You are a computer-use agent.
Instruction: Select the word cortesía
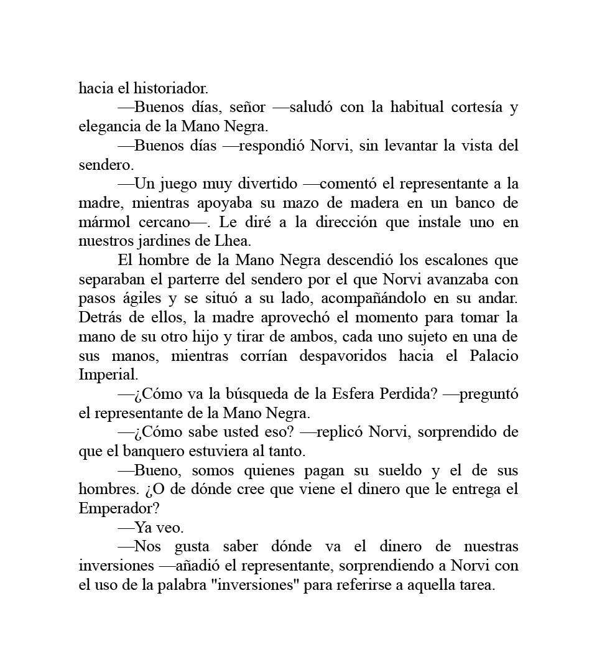470,107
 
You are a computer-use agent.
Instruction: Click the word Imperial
107,376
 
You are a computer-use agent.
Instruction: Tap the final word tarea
476,586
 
